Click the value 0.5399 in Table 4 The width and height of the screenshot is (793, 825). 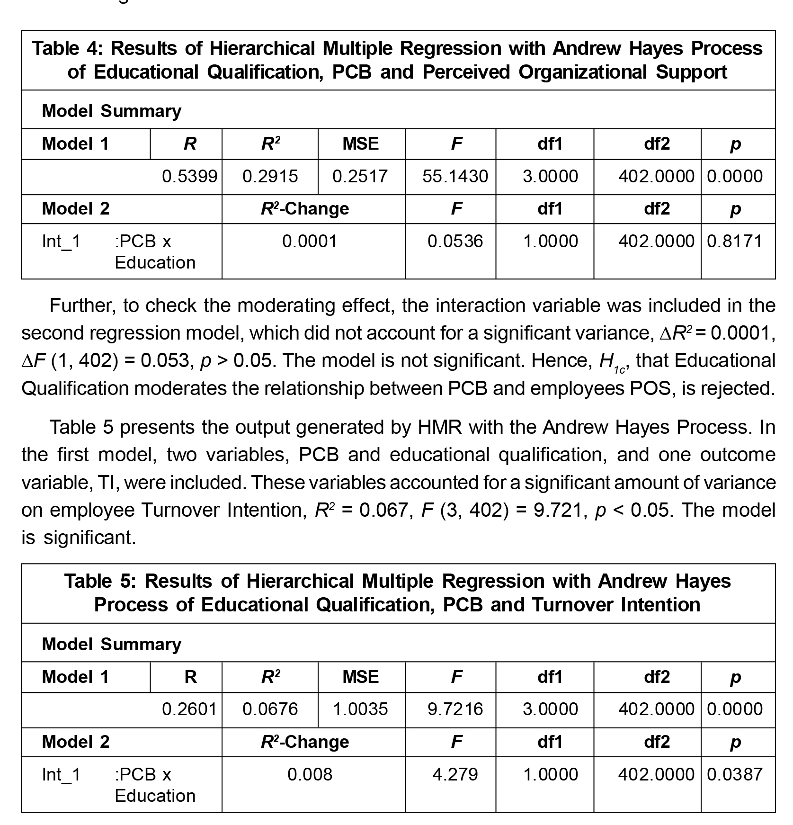(189, 177)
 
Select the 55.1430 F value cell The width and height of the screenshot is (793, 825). (455, 177)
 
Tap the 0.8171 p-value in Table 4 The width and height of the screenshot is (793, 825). (735, 242)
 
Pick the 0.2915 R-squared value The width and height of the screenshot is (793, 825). (270, 177)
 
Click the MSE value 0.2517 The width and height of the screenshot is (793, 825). (360, 177)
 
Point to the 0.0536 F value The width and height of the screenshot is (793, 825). (455, 242)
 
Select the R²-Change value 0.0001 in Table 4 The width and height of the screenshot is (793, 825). (310, 242)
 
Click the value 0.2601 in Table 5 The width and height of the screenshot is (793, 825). (189, 709)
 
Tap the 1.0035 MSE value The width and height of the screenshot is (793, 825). (360, 709)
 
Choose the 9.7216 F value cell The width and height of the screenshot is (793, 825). (455, 709)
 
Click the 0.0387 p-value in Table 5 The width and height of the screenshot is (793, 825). (735, 774)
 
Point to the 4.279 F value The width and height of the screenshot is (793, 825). (455, 774)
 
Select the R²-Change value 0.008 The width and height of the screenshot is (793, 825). (310, 774)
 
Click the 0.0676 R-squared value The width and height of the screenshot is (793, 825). (270, 709)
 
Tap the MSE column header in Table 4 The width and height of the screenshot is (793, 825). (361, 143)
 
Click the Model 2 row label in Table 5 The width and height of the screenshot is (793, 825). (76, 742)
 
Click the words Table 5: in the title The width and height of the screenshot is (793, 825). (100, 581)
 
